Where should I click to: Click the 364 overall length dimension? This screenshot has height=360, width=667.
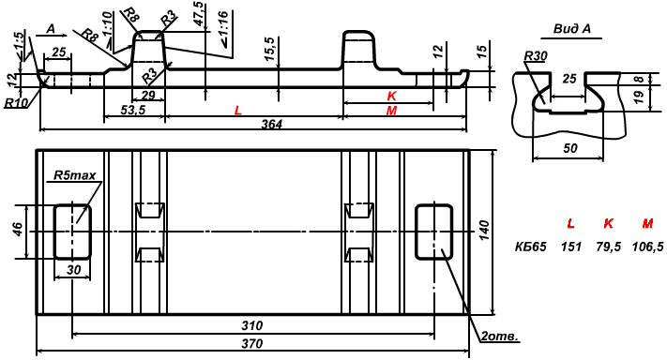coord(271,124)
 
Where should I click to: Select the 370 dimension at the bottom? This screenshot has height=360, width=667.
coord(251,343)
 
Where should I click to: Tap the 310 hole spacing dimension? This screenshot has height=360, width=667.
coord(251,326)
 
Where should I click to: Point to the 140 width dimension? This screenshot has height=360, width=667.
coord(484,230)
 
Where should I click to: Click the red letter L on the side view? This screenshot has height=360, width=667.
coord(237,111)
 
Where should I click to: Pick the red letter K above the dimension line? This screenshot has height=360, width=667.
coord(392,96)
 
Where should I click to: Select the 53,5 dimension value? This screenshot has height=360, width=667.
coord(132,110)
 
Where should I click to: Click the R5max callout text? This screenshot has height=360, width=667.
coord(74,175)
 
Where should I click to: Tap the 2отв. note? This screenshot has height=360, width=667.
coord(500,337)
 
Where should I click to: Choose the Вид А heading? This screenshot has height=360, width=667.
coord(571,29)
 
